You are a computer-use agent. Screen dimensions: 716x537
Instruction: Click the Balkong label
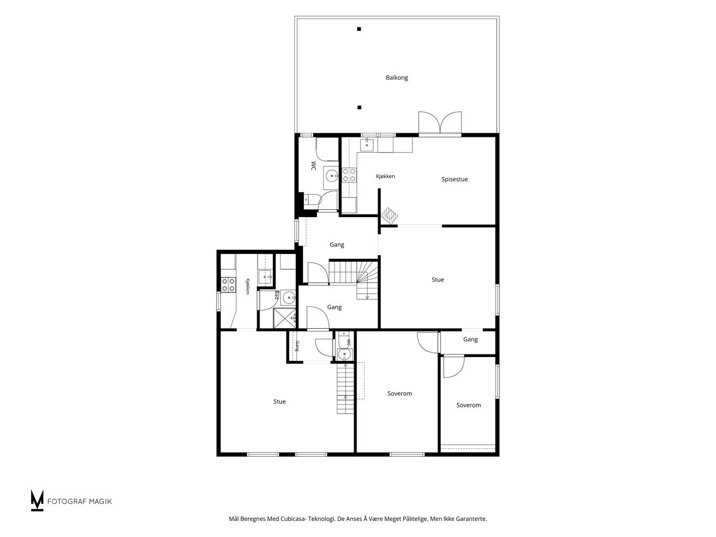tap(397, 78)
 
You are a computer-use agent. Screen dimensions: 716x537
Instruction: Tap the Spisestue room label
tap(454, 179)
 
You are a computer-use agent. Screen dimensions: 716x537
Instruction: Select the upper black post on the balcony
tap(359, 29)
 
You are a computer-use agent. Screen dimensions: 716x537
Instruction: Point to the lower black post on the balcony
tap(359, 108)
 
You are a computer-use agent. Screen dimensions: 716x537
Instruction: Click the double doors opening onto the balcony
tap(440, 123)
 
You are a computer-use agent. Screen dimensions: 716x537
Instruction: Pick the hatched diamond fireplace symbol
tap(389, 216)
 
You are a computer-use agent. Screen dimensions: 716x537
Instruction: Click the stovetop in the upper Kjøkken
tap(349, 175)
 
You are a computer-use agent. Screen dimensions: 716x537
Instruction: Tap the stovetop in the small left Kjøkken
tap(228, 284)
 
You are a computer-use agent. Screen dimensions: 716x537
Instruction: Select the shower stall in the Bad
tap(284, 318)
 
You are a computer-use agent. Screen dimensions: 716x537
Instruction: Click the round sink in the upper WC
tap(332, 176)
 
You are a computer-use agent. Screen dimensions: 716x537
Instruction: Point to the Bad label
tap(276, 295)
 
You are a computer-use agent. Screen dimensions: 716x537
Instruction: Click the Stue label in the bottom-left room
tap(279, 402)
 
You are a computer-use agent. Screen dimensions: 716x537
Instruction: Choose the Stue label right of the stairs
tap(437, 280)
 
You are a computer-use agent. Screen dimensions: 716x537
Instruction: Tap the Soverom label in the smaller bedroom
tap(468, 405)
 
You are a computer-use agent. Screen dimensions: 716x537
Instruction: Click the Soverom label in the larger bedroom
tap(400, 393)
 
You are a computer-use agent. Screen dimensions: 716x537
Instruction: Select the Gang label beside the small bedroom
tap(471, 339)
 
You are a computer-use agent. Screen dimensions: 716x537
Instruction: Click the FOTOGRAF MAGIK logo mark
tap(37, 500)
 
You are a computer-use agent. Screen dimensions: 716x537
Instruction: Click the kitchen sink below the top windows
tap(367, 145)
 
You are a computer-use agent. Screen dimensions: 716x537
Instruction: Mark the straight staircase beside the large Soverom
tap(345, 389)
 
